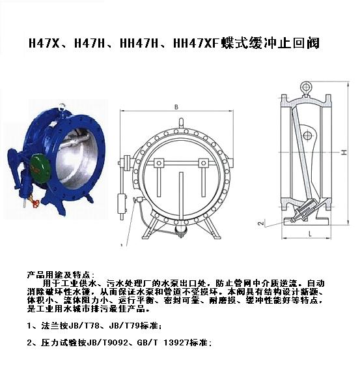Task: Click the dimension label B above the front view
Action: click(176, 107)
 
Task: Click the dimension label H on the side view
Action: click(344, 152)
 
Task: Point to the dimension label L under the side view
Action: click(310, 233)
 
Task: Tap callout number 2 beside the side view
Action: click(261, 223)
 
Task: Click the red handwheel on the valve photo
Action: click(36, 203)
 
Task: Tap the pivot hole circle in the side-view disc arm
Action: click(307, 135)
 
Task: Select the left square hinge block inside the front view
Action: click(159, 163)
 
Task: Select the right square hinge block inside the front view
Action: click(204, 163)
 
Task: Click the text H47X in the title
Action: click(44, 44)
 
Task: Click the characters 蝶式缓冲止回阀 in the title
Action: click(270, 43)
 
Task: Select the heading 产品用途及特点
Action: click(58, 275)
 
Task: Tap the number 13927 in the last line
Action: click(176, 343)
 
